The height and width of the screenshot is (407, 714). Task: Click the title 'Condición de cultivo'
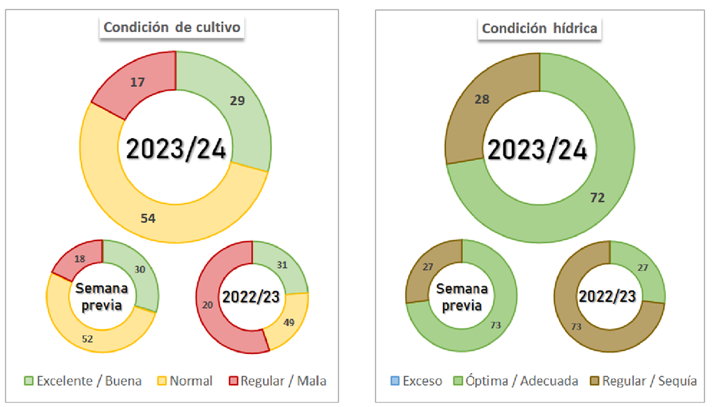[172, 28]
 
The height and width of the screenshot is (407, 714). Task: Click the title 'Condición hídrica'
[540, 28]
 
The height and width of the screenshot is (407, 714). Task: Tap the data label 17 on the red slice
[137, 82]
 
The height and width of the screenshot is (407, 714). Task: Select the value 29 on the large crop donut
[238, 100]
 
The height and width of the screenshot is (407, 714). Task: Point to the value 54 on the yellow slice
[148, 218]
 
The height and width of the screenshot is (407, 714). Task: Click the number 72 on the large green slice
[596, 198]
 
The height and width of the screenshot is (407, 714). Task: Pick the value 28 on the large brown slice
[481, 100]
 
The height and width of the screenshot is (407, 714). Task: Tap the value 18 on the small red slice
[79, 259]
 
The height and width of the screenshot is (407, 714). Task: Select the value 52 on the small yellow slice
[88, 339]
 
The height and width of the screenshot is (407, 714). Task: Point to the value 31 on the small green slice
[281, 265]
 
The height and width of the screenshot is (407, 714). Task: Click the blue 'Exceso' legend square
[395, 381]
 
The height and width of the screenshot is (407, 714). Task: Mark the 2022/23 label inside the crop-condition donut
[251, 297]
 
